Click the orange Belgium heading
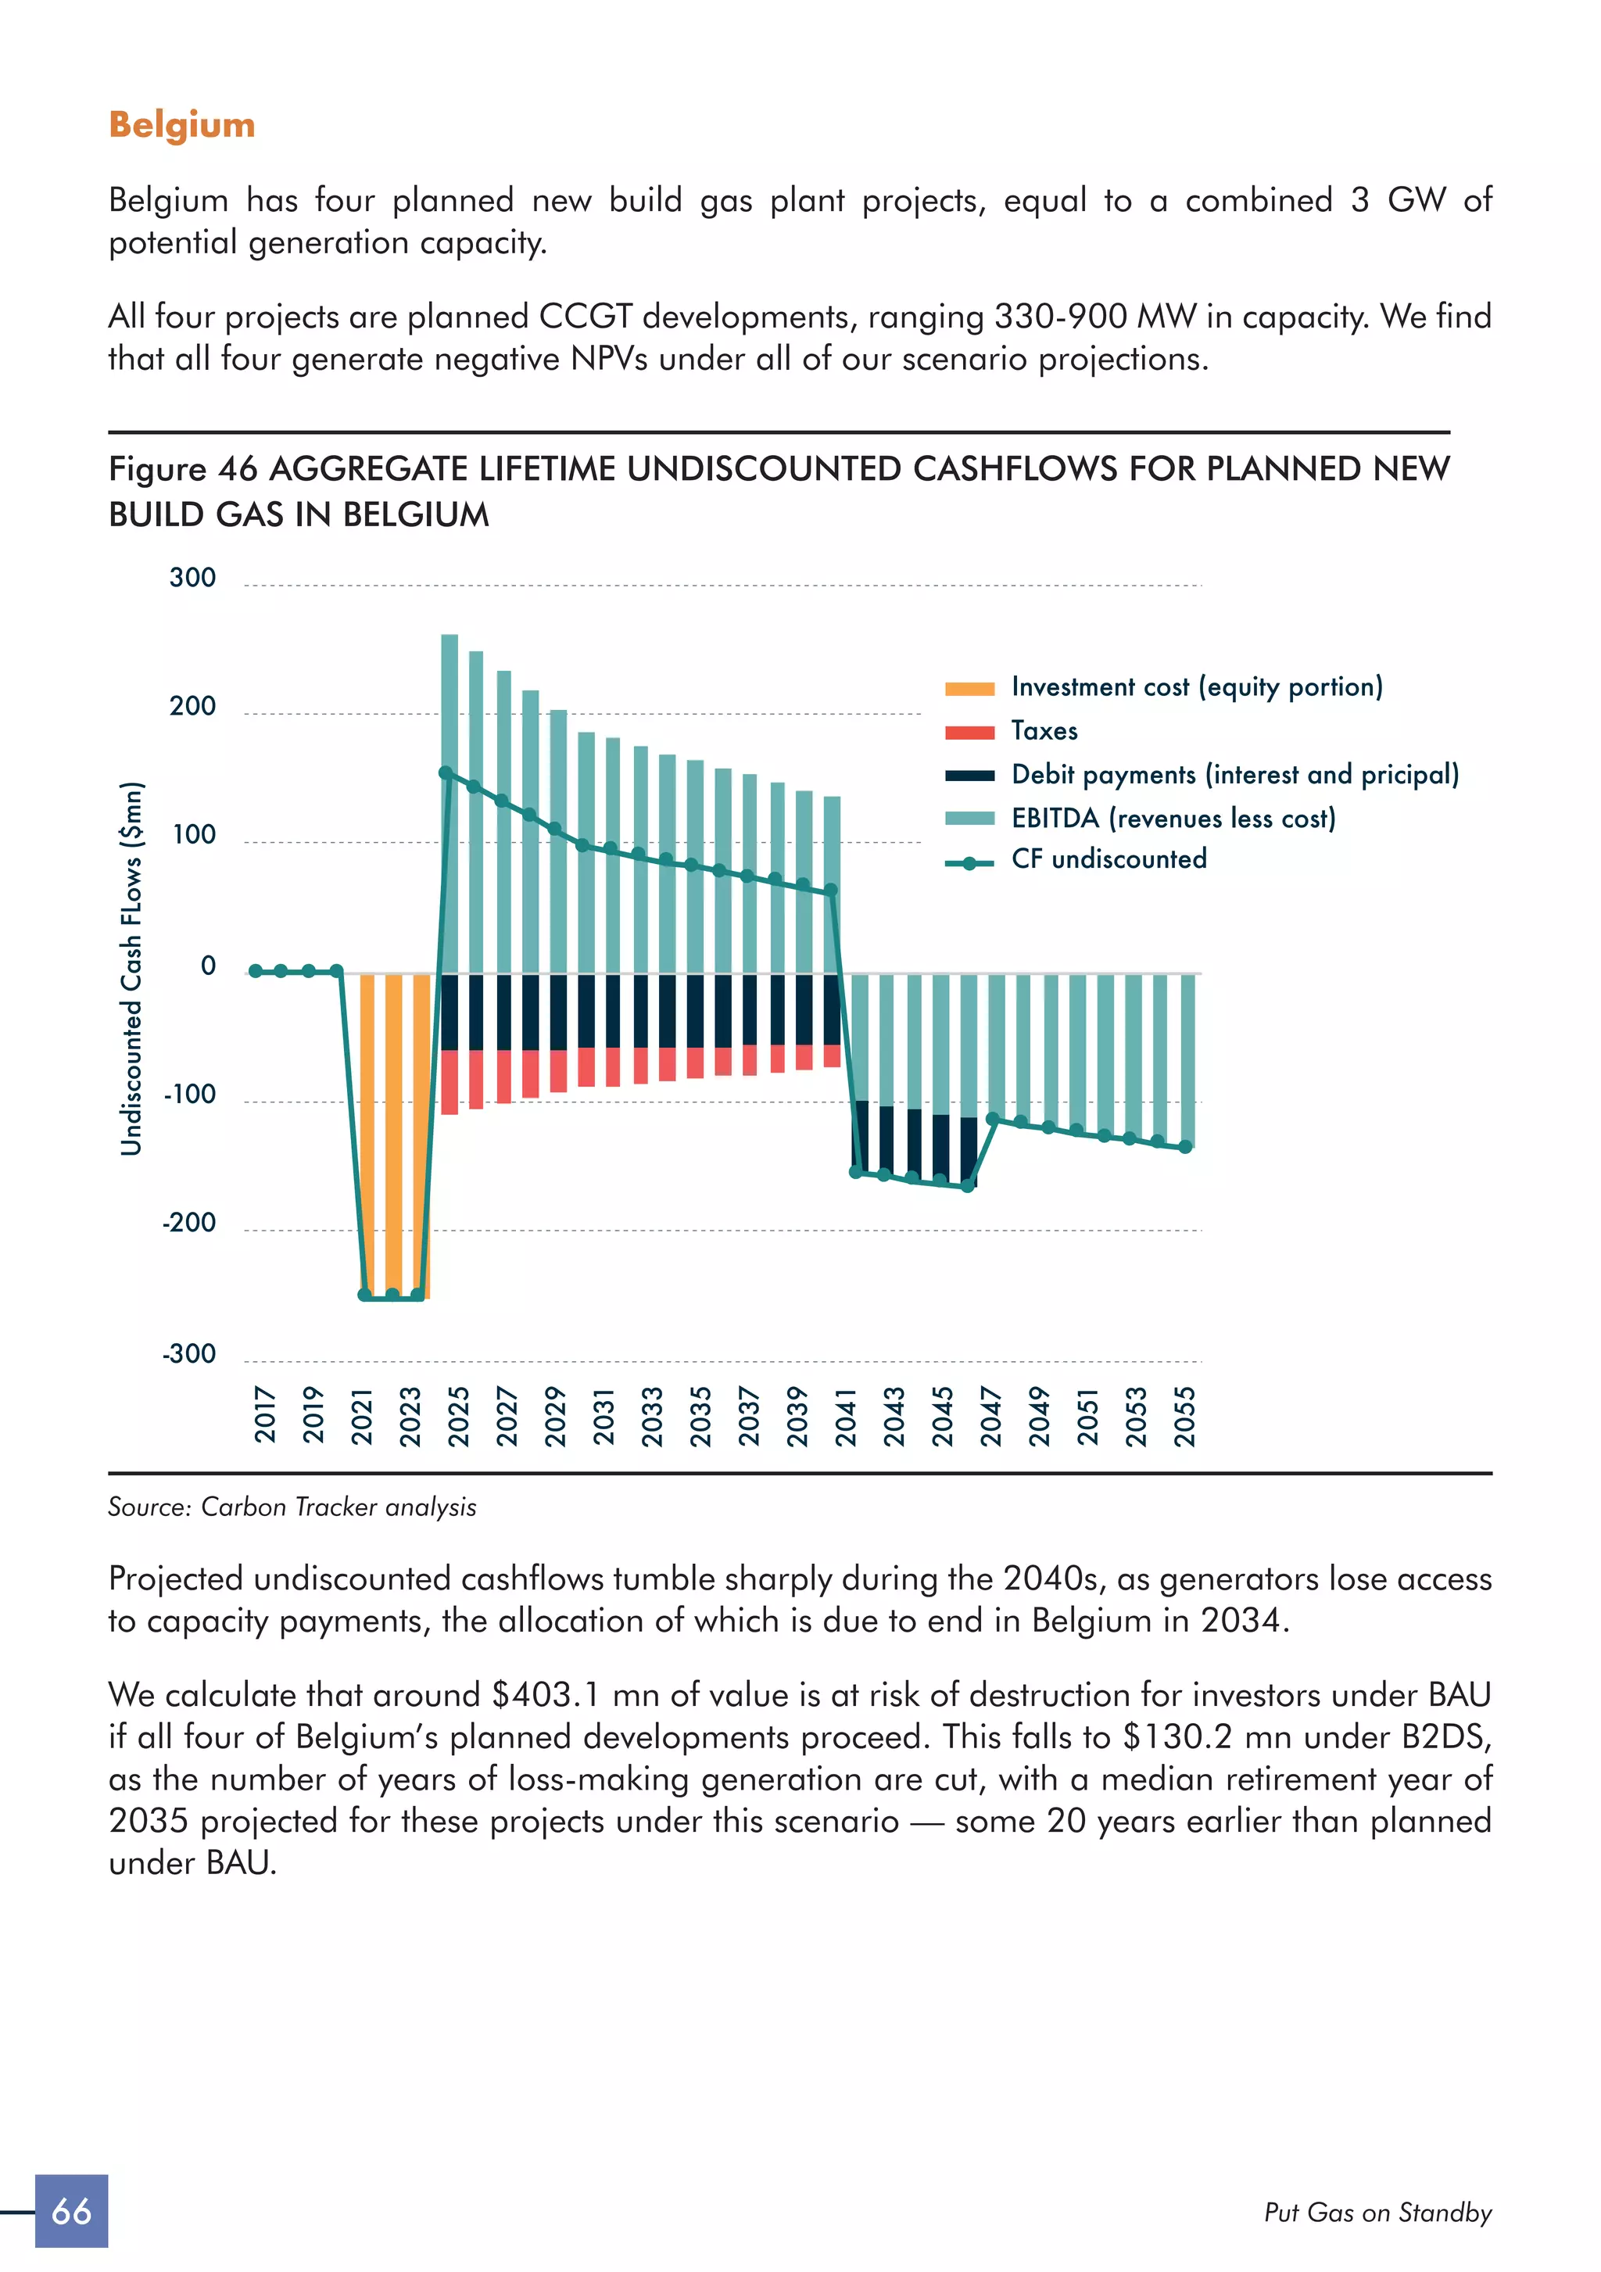(x=182, y=126)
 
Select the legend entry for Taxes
(x=1044, y=731)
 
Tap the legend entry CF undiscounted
(x=1109, y=859)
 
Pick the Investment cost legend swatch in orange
(x=969, y=689)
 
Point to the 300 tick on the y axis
(x=193, y=578)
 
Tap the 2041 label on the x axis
(x=846, y=1416)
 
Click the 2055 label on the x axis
(x=1185, y=1416)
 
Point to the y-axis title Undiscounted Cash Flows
(x=131, y=968)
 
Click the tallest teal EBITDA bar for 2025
(x=449, y=801)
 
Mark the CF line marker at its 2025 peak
(x=446, y=772)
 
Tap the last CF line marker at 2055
(x=1185, y=1147)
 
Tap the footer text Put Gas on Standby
(x=1377, y=2213)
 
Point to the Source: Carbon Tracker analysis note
(x=292, y=1507)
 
